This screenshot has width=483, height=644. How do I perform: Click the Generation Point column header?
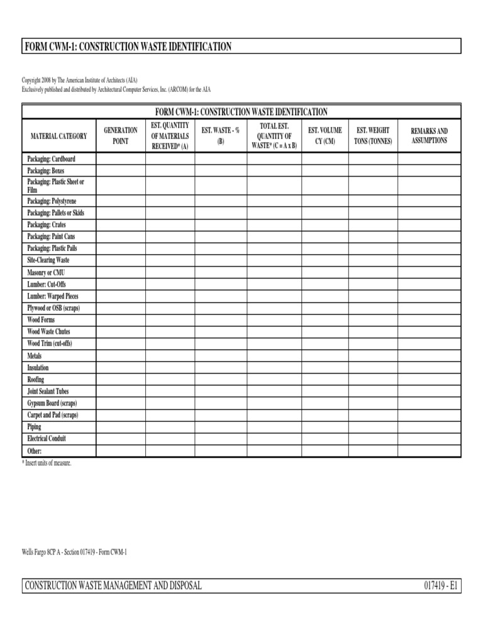(x=120, y=136)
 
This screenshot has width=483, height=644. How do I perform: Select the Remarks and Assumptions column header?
(x=430, y=136)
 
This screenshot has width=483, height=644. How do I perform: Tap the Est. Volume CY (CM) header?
(x=325, y=136)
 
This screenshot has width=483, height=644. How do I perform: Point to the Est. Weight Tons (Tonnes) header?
(x=373, y=136)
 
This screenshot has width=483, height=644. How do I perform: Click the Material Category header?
(x=59, y=136)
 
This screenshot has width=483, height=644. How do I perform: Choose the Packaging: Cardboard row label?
(x=51, y=159)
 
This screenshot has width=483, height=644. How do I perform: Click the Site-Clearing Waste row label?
(x=48, y=260)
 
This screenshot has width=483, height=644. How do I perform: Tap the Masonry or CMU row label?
(x=46, y=272)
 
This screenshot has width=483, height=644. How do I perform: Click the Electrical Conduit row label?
(x=47, y=438)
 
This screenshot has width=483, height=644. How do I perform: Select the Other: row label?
(x=35, y=451)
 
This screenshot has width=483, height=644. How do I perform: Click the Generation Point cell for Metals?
(x=120, y=355)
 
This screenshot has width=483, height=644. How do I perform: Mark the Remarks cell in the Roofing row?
(x=430, y=379)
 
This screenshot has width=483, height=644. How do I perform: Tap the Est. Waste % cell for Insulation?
(x=221, y=367)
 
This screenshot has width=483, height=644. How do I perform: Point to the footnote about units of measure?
(x=47, y=463)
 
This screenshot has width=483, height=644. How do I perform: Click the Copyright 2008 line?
(x=80, y=80)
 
